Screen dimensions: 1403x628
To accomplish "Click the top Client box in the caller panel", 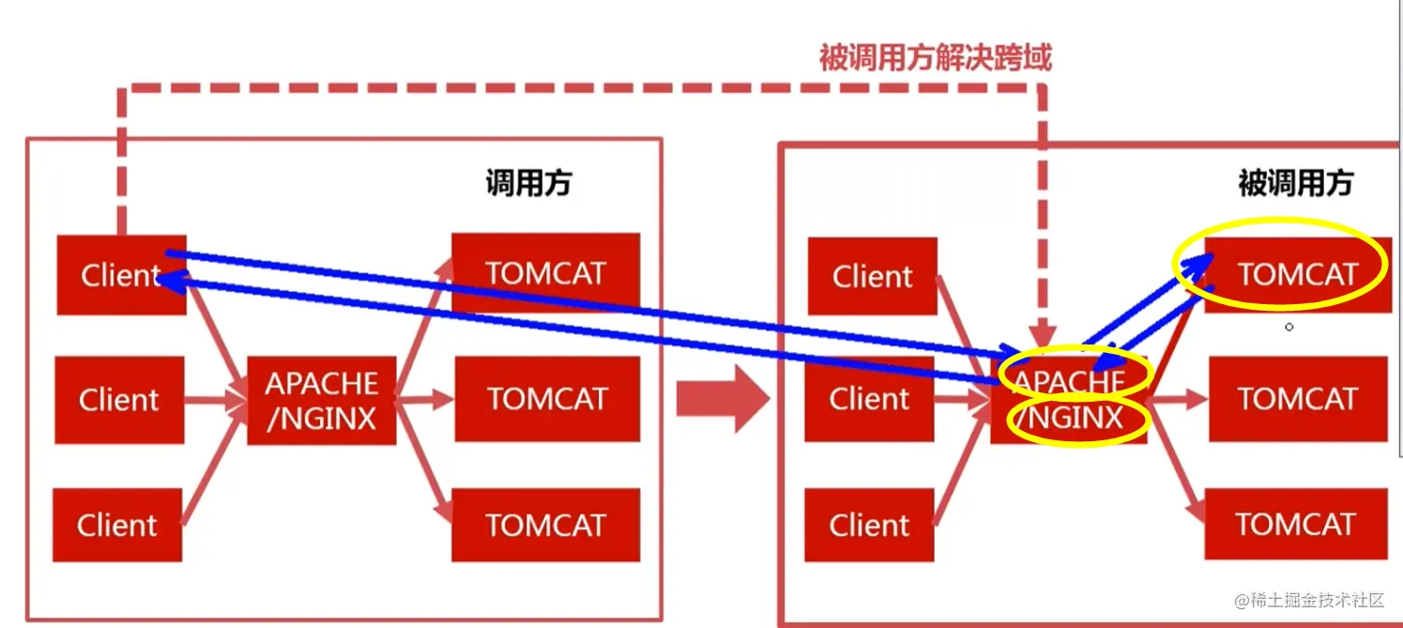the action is point(121,274).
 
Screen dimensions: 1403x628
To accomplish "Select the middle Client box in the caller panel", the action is point(119,400).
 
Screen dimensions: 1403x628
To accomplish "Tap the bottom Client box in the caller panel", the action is point(117,526).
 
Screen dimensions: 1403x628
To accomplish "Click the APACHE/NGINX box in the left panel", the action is point(321,401).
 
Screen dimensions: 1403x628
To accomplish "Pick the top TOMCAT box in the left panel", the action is point(545,272).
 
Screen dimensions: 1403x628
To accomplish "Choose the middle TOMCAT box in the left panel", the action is point(547,399).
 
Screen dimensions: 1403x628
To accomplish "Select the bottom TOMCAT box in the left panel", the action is point(545,526).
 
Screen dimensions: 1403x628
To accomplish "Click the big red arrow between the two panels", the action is point(723,399).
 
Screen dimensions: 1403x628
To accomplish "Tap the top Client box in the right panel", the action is point(873,276).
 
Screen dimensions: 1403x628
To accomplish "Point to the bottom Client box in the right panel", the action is point(869,526).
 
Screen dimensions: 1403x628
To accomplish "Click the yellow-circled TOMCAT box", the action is point(1298,274).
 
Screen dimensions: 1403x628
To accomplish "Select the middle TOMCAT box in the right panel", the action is point(1298,399).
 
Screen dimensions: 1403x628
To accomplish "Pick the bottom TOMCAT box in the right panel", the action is point(1296,524).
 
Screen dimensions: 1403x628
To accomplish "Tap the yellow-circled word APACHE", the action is point(1070,381).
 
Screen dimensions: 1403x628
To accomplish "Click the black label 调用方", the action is point(528,183).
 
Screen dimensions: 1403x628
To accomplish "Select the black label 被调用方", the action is point(1295,183).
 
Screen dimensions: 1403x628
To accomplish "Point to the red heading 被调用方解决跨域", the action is point(936,57).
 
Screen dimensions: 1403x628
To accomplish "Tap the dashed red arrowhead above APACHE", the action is point(1043,333).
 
